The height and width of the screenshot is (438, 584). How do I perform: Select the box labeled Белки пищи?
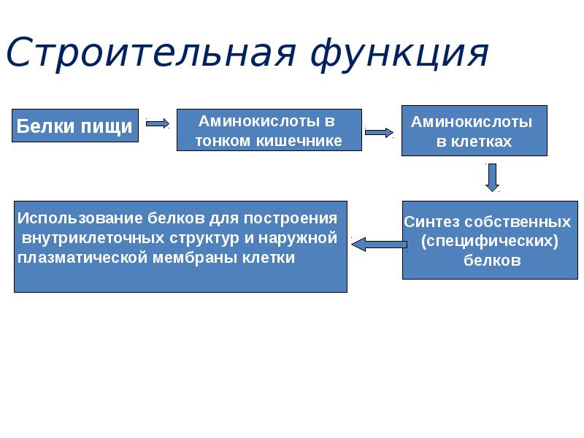[75, 126]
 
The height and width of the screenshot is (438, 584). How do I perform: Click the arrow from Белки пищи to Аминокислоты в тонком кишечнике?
[158, 123]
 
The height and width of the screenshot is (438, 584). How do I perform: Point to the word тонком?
[223, 141]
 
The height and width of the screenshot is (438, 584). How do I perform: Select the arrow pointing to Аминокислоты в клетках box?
[379, 133]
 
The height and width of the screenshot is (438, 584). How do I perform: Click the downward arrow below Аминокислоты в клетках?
[493, 177]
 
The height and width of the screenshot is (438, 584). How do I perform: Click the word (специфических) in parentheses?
[490, 241]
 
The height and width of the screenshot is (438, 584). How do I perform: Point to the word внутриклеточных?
[79, 238]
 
